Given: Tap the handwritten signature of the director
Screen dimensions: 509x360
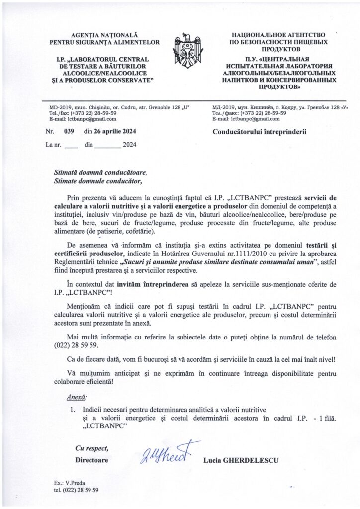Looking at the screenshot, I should [167, 452].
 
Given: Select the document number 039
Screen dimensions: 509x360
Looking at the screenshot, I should [69, 132].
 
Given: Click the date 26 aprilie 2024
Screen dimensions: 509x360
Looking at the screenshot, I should [117, 132].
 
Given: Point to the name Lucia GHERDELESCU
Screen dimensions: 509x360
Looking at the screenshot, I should [241, 460].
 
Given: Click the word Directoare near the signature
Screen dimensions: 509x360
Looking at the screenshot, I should [91, 460].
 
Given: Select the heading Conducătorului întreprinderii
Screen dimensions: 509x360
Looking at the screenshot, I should [260, 132].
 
